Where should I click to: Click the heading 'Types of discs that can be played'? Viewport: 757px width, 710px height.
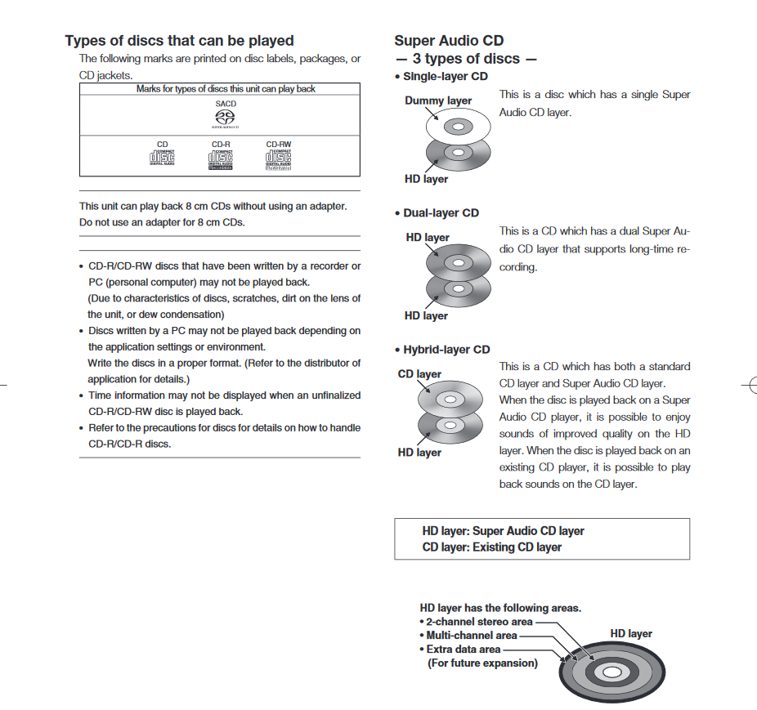[179, 41]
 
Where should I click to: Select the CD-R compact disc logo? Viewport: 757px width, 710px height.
[221, 158]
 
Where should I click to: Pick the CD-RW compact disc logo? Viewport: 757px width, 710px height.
[278, 158]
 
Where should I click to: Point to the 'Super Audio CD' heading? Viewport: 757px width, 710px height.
[449, 41]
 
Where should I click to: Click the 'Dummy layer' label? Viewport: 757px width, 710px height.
[438, 100]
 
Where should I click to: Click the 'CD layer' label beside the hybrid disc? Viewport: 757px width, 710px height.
[419, 374]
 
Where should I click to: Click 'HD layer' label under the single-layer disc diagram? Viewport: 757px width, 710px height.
[426, 179]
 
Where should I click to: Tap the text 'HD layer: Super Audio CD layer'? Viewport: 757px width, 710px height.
[503, 531]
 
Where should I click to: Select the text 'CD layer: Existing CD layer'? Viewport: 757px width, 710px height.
[492, 547]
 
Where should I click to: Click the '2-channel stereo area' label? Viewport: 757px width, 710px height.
[479, 622]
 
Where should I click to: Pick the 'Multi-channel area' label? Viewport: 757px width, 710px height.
[472, 636]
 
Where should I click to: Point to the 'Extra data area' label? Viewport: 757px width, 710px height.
[463, 650]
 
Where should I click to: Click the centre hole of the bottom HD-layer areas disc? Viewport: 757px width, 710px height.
[613, 672]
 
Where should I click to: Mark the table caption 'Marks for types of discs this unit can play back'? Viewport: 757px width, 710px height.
[226, 88]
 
